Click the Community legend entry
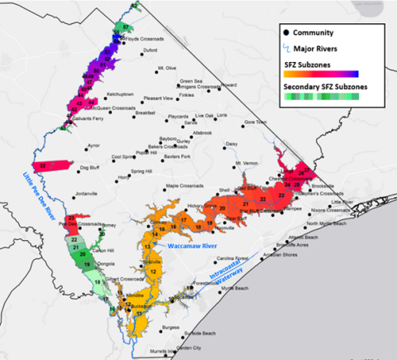click(315, 33)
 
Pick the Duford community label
click(150, 50)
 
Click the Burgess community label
click(171, 328)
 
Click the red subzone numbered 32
click(55, 166)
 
